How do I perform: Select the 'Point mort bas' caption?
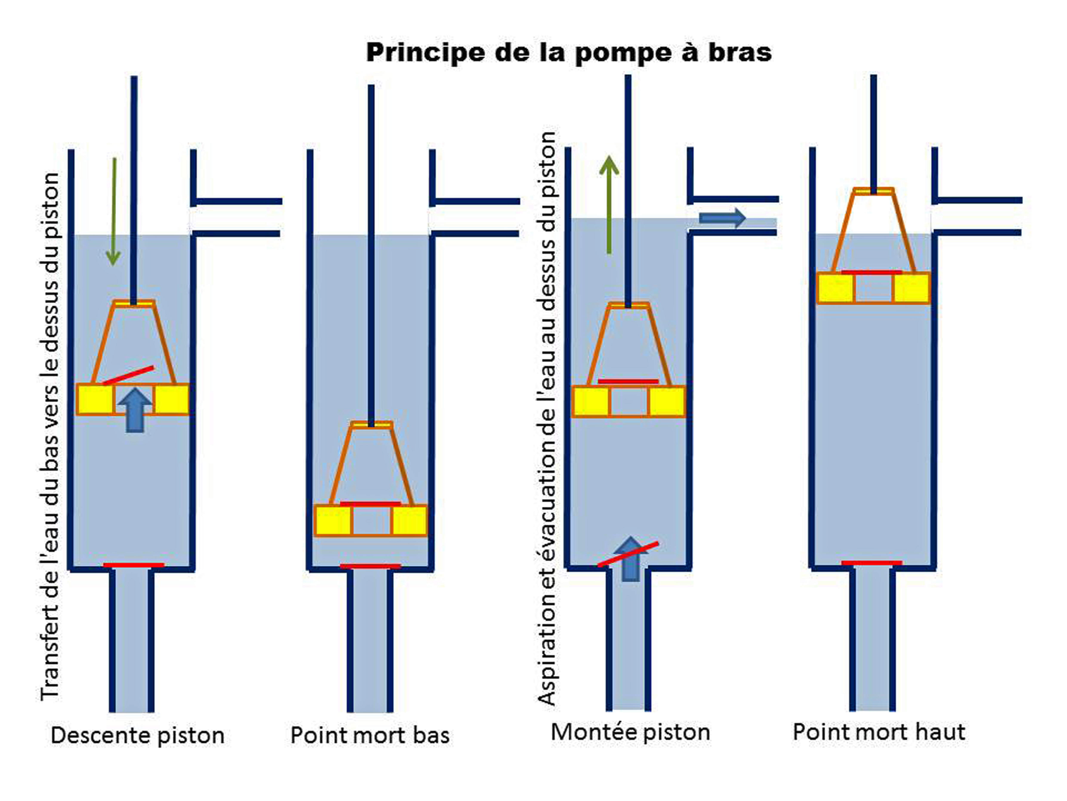point(370,735)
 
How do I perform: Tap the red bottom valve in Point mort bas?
point(370,566)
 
